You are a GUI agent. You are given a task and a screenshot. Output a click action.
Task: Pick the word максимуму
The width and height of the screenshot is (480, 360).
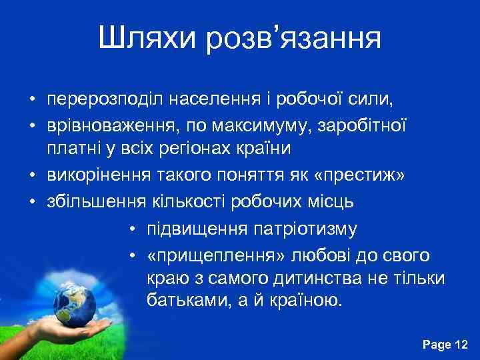[263, 125]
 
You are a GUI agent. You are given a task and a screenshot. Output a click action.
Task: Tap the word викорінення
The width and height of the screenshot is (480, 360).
[93, 175]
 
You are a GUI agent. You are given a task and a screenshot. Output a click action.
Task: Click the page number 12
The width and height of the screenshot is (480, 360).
[461, 344]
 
